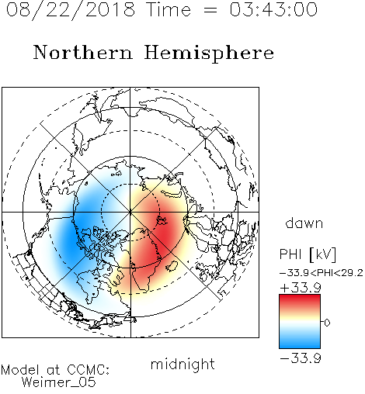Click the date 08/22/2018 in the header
[71, 10]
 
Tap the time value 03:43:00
[273, 9]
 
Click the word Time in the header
[169, 9]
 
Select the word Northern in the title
[83, 52]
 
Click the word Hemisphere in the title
[209, 54]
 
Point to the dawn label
[304, 223]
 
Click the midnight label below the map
[182, 365]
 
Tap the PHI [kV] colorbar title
[308, 254]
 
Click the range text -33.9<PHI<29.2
[322, 273]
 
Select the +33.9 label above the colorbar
[301, 288]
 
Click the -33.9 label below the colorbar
[301, 358]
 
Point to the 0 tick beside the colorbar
[327, 323]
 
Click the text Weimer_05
[59, 382]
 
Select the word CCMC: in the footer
[88, 370]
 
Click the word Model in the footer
[20, 370]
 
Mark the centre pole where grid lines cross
[130, 213]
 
